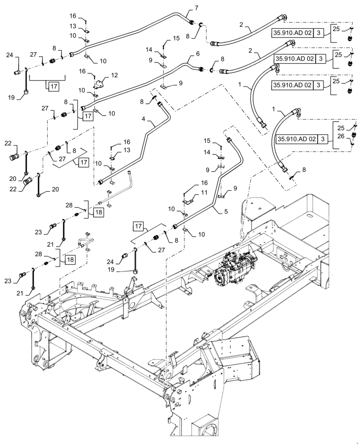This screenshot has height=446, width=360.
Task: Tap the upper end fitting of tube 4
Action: pos(159,104)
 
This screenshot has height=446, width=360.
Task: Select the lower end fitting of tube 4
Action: pos(102,182)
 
